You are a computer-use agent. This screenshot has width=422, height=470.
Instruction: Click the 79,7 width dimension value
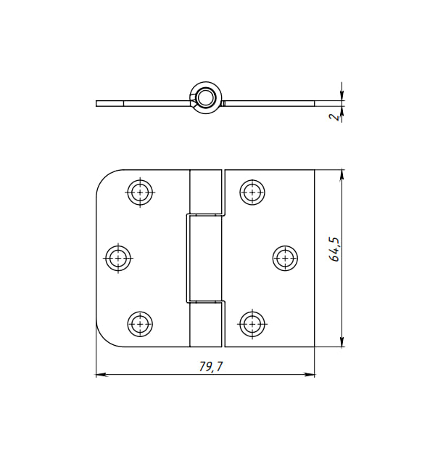click(x=211, y=366)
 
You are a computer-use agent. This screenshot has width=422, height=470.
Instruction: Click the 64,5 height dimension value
click(x=334, y=249)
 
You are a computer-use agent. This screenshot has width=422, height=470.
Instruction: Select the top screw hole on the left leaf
click(x=140, y=192)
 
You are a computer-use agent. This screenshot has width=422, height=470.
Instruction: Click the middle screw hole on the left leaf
click(x=118, y=258)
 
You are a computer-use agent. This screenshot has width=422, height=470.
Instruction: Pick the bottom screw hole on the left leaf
click(x=140, y=324)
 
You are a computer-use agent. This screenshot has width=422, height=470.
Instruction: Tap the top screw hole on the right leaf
click(x=252, y=192)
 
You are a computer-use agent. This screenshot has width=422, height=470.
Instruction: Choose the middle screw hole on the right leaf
click(x=285, y=258)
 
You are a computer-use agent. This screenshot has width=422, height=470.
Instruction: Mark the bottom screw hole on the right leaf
click(x=252, y=324)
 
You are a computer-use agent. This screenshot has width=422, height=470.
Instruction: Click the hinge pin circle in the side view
click(x=206, y=97)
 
